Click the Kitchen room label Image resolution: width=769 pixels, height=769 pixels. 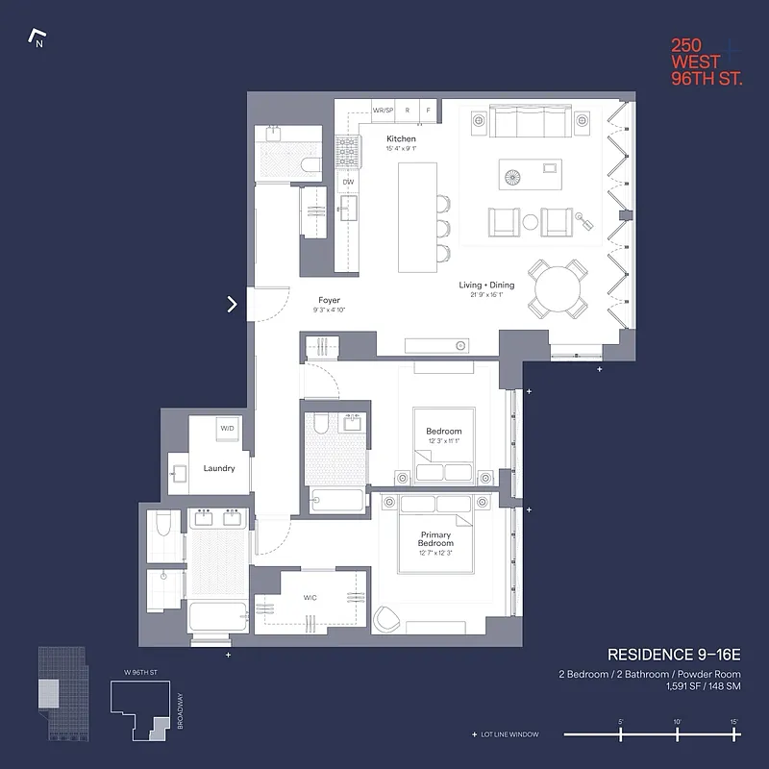point(401,138)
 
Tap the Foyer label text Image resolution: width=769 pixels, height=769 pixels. point(329,301)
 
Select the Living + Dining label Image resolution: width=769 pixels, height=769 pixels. point(485,285)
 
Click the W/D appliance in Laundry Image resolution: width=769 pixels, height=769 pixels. point(227,428)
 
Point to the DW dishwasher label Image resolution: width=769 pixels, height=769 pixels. point(348,182)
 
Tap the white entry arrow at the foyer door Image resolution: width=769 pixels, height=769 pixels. point(232,305)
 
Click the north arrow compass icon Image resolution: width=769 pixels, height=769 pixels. point(38,39)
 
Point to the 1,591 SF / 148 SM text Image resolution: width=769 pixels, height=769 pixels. point(703,686)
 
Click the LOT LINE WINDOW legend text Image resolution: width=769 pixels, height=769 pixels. point(509,734)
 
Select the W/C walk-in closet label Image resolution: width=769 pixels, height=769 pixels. point(310,598)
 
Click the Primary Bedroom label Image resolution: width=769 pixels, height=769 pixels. point(435,539)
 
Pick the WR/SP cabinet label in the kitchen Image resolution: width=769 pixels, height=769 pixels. point(384,111)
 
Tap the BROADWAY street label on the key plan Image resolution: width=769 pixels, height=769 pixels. point(180,710)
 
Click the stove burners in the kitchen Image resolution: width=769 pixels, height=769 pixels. point(347,150)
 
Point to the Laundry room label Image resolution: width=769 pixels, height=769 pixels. point(219,468)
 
